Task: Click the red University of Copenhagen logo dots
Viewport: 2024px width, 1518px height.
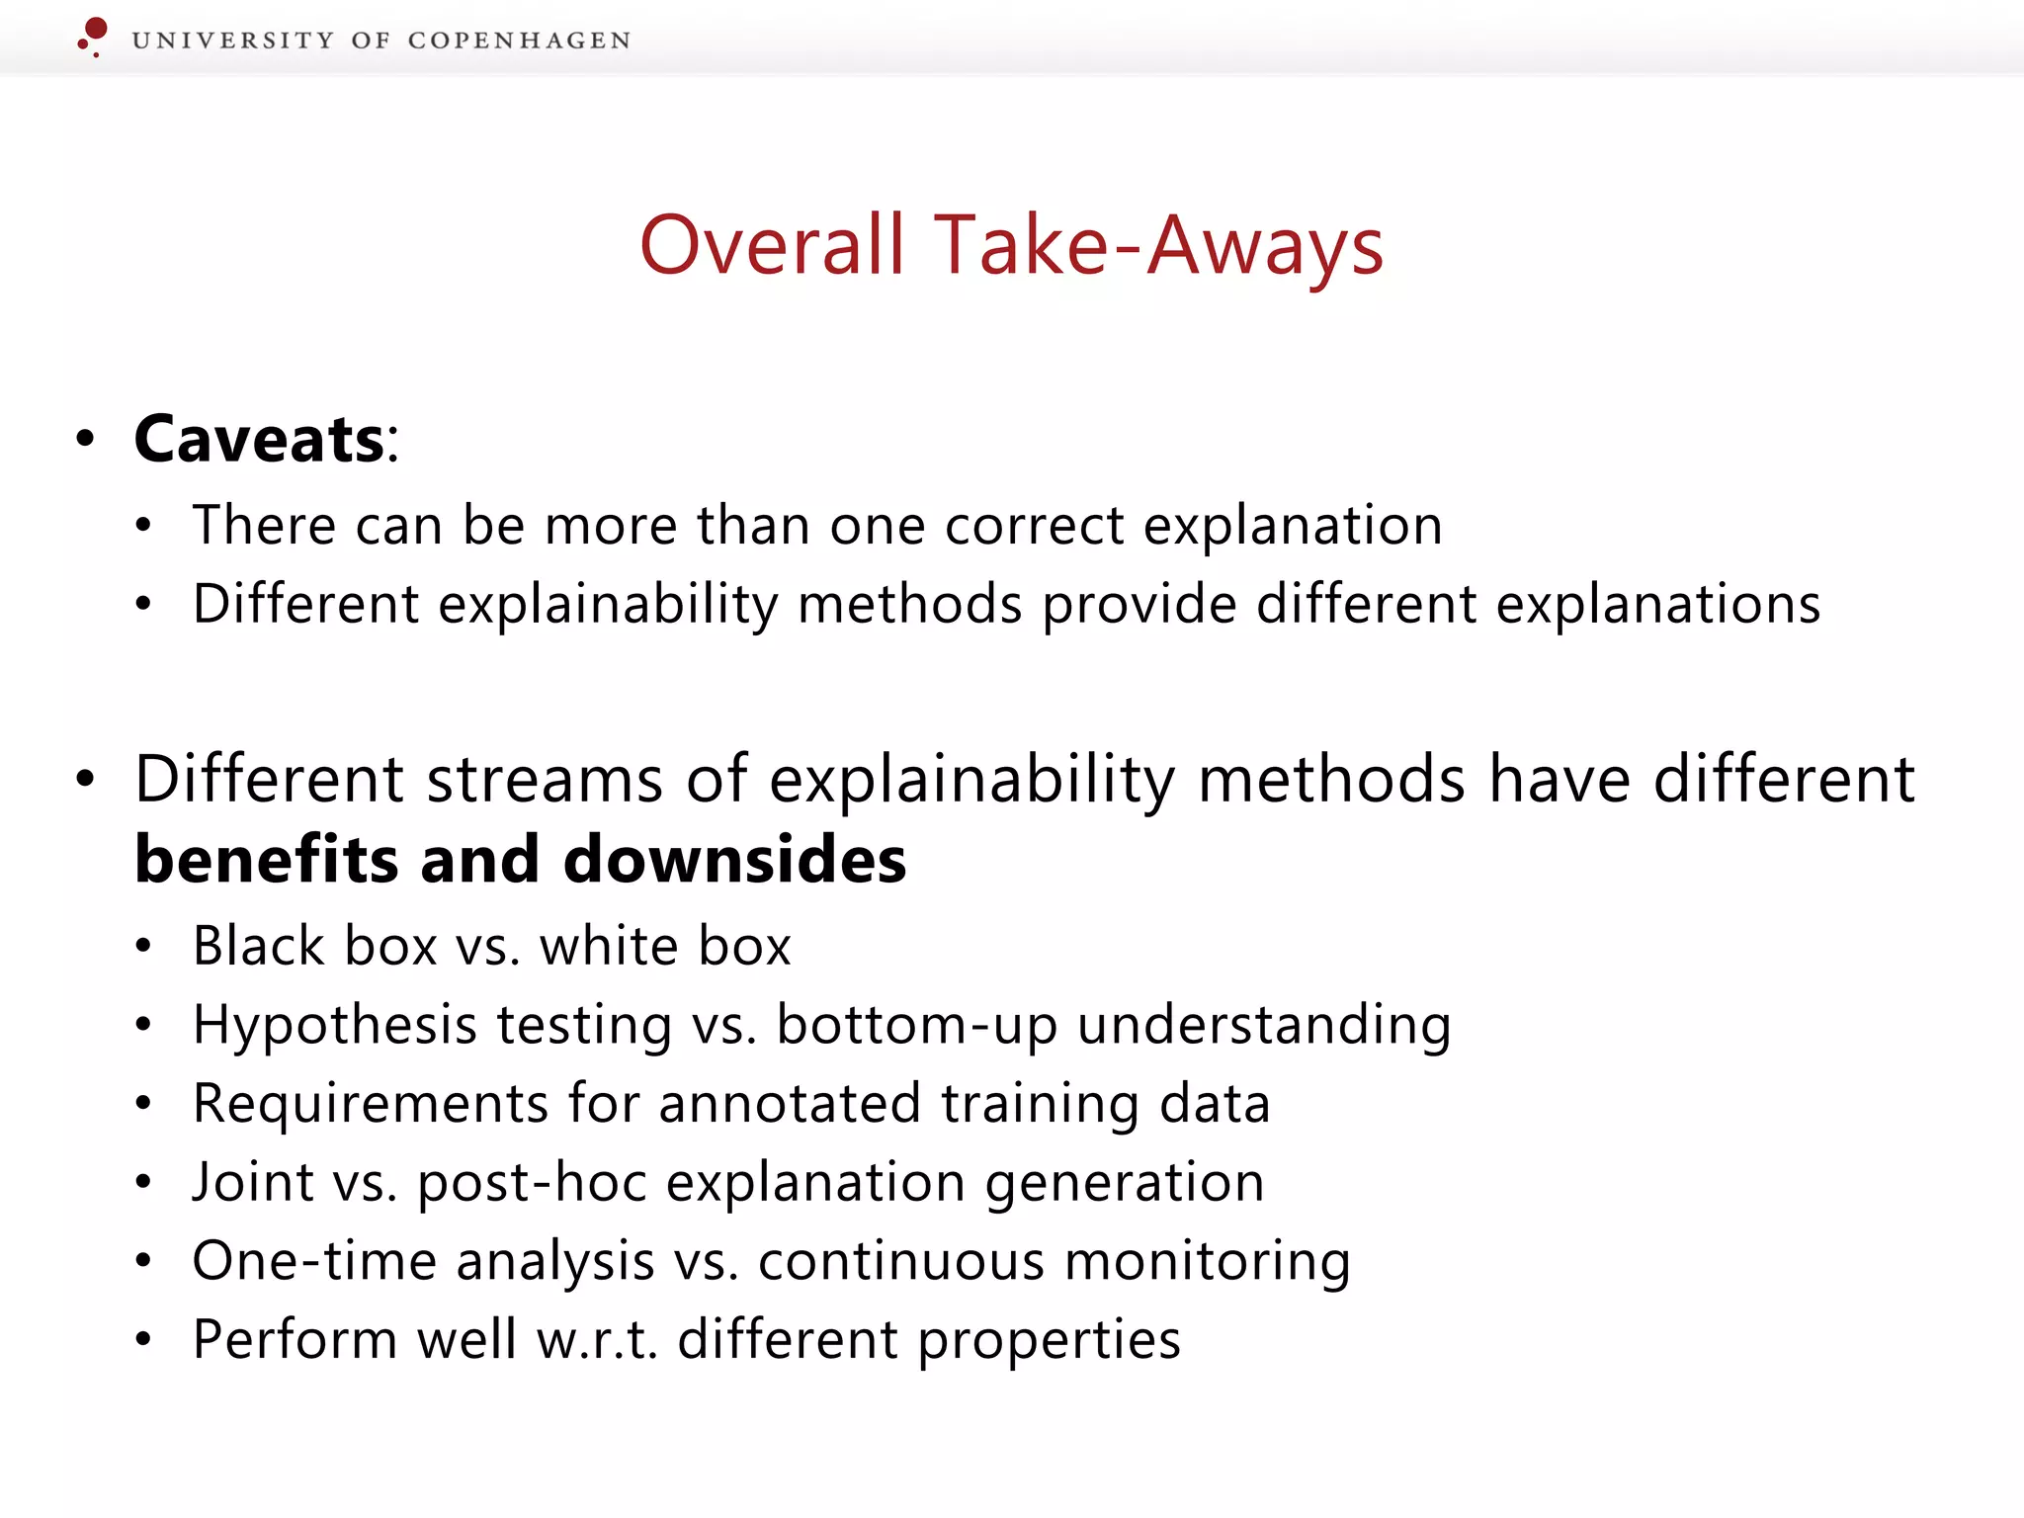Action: tap(93, 37)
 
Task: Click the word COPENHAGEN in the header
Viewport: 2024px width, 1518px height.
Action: tap(519, 41)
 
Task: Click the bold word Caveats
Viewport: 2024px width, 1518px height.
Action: tap(259, 439)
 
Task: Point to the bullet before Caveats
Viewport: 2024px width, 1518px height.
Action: tap(86, 440)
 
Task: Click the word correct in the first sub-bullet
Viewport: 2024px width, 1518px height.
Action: tap(1034, 525)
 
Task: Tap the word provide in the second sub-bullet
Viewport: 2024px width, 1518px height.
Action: tap(1138, 604)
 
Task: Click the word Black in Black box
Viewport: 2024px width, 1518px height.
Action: tap(259, 946)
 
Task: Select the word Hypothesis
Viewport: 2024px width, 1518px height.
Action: tap(335, 1025)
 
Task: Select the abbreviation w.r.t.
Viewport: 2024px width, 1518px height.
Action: tap(597, 1340)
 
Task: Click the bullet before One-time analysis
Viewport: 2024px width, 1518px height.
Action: tap(144, 1261)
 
